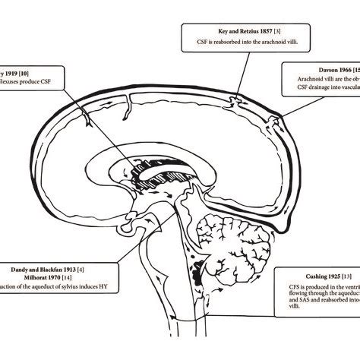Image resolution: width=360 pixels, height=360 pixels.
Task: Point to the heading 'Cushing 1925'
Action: [314, 275]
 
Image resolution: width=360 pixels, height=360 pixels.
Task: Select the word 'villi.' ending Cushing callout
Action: [285, 321]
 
